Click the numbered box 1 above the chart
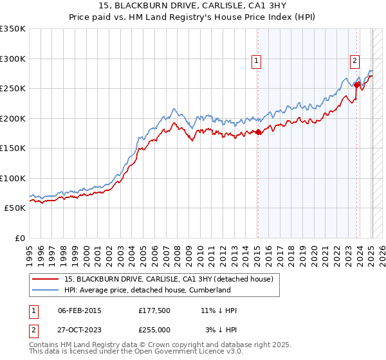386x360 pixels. coord(256,61)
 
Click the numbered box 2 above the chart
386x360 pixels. coord(354,61)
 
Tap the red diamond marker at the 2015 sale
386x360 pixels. coord(258,132)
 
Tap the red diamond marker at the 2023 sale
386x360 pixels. coord(357,84)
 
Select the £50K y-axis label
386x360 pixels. coord(15,208)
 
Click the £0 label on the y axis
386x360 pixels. coord(19,238)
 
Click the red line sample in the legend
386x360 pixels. coord(46,279)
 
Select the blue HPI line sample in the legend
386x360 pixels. coord(46,290)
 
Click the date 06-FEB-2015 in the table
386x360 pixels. coord(80,310)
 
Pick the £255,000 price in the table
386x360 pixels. coord(154,329)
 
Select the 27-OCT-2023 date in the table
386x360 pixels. coord(80,329)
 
